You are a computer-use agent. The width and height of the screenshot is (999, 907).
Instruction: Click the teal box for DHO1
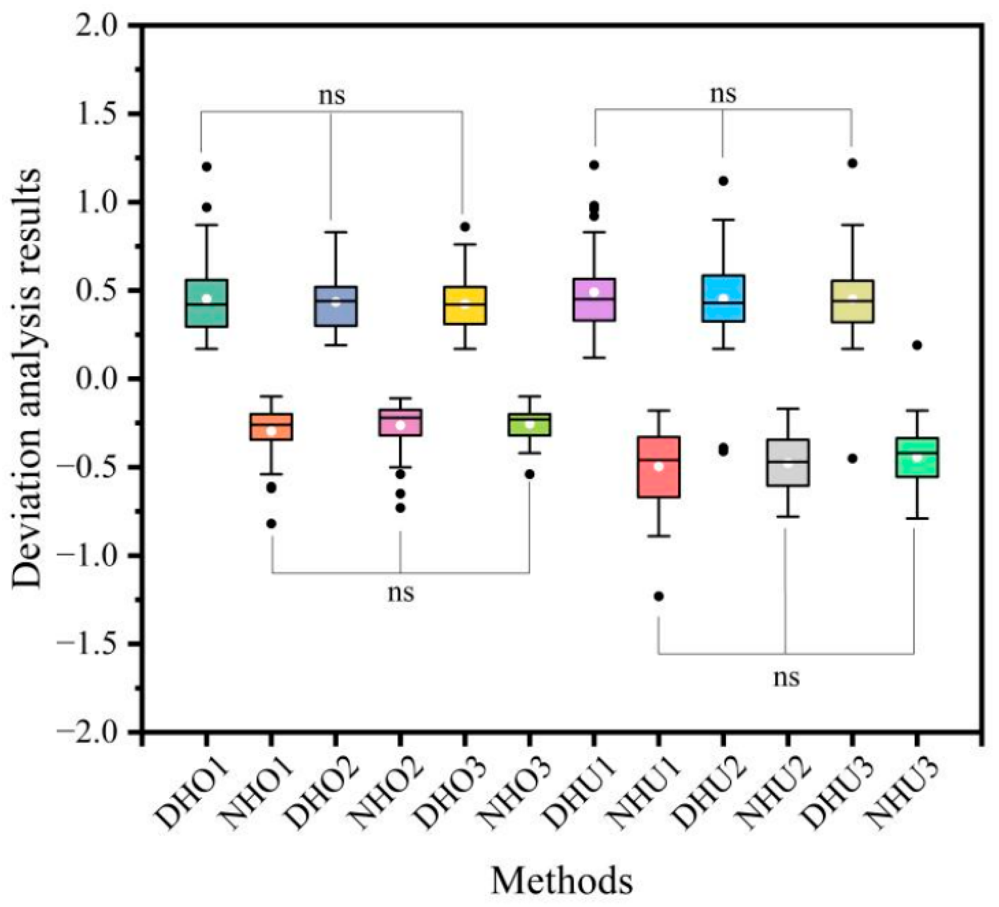tap(206, 303)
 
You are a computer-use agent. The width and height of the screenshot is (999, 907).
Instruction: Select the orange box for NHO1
tap(272, 427)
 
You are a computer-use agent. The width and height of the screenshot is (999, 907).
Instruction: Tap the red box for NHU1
tap(658, 467)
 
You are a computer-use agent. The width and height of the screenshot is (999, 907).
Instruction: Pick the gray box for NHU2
tap(788, 463)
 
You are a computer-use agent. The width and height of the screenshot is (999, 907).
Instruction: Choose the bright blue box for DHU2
tap(723, 298)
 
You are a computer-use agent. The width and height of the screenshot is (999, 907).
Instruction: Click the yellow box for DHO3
tap(465, 305)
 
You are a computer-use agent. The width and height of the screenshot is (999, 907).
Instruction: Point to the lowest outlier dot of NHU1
tap(658, 597)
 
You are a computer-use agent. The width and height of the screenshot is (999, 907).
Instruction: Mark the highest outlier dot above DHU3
tap(853, 163)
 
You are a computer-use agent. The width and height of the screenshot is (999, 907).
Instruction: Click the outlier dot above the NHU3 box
tap(917, 345)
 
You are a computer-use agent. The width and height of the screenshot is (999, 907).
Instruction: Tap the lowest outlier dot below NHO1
tap(271, 524)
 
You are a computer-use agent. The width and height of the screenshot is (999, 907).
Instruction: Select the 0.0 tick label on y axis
tap(100, 379)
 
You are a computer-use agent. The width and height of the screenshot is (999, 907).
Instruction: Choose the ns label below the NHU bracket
tap(786, 677)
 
